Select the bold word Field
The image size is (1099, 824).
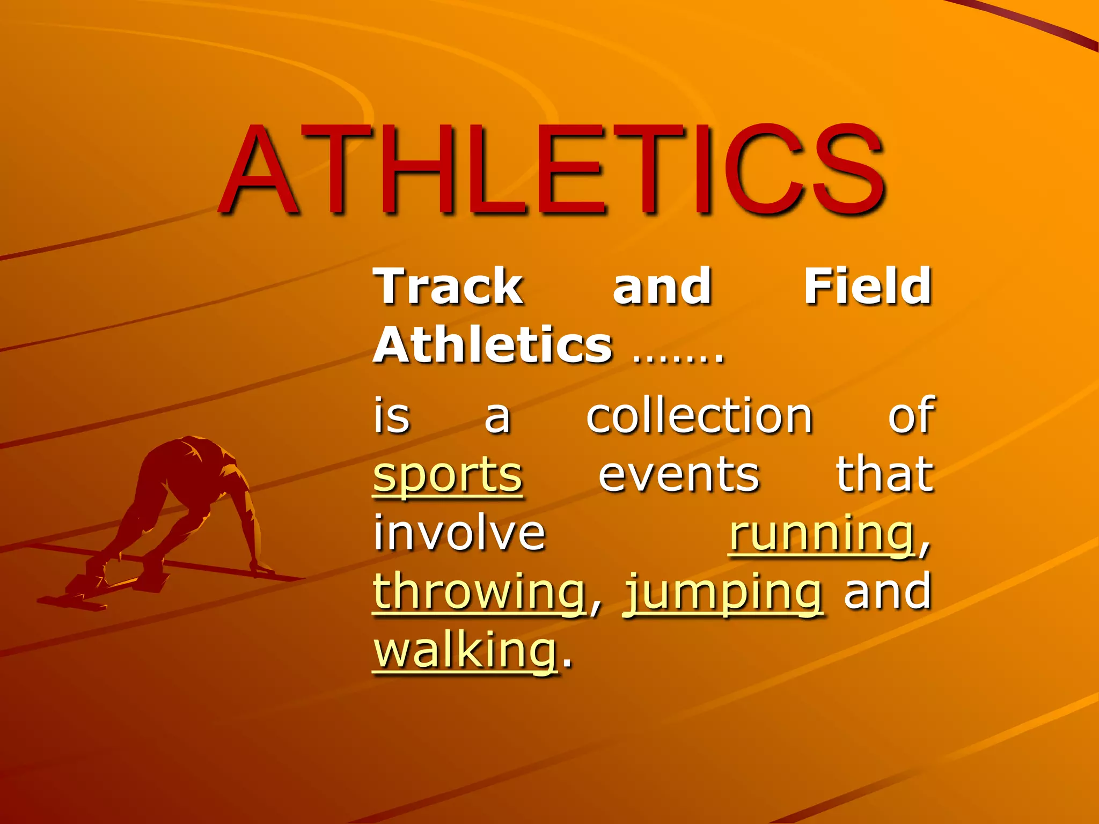tap(868, 287)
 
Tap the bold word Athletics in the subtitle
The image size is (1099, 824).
tap(493, 345)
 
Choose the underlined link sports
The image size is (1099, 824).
tap(448, 476)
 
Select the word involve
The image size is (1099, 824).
tap(459, 533)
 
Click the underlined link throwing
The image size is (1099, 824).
tap(479, 593)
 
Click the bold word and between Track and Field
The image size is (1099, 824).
tap(662, 287)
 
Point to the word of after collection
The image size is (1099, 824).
tap(911, 416)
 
